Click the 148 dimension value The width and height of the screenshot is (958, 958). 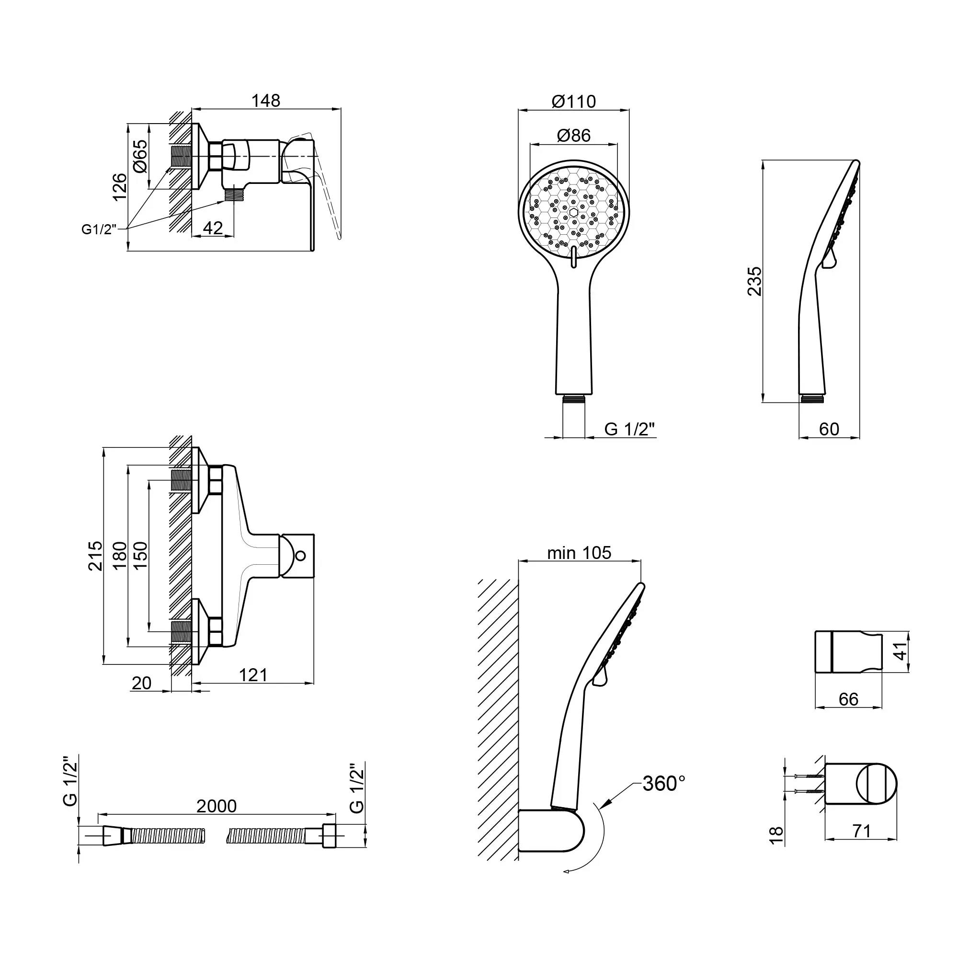(266, 101)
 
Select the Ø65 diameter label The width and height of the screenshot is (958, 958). (141, 156)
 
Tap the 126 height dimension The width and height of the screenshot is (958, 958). (119, 187)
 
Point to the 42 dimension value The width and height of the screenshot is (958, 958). (213, 228)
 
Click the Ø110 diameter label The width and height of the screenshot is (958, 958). (574, 102)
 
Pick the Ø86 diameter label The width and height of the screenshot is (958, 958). (574, 136)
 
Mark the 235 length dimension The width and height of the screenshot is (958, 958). (755, 281)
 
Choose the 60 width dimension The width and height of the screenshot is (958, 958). (829, 429)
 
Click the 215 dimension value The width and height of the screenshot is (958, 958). (96, 556)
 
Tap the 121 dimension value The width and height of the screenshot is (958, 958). (253, 675)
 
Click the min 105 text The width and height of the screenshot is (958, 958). (579, 553)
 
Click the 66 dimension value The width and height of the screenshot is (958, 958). (848, 699)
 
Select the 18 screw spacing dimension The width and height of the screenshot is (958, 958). (776, 834)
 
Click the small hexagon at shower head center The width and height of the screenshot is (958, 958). (574, 213)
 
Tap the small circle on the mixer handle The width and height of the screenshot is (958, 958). (300, 556)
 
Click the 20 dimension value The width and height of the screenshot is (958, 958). (141, 684)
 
